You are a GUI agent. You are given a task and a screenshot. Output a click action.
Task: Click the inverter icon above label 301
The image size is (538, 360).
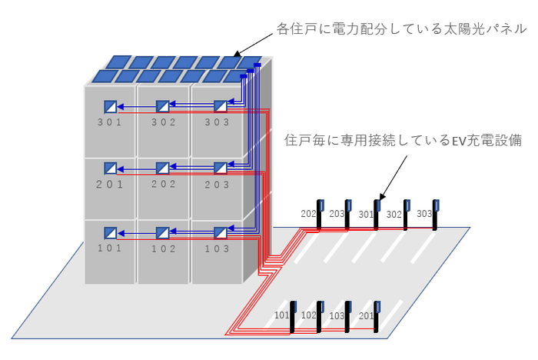pos(111,106)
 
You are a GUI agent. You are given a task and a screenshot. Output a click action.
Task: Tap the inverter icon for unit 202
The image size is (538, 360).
pos(162,168)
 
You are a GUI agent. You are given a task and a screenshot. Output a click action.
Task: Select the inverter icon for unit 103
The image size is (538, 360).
pos(220,232)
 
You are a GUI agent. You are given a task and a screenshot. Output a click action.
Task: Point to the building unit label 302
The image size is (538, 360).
pos(162,122)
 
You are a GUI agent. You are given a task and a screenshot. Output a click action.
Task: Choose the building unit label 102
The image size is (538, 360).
pos(162,248)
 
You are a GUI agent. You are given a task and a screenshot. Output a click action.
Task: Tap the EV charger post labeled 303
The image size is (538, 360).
pos(437,215)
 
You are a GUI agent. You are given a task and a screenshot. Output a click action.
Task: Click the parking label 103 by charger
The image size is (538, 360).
pos(337,315)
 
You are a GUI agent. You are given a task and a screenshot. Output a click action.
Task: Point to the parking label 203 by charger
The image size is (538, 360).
pos(337,214)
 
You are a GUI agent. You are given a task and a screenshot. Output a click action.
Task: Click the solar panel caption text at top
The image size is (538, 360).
pos(401,29)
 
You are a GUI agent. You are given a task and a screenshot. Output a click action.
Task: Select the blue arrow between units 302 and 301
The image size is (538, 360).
pos(136,106)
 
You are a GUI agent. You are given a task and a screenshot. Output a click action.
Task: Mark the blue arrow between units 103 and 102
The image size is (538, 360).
pos(191,232)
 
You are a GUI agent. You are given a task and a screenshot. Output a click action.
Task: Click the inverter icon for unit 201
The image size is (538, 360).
pos(111,168)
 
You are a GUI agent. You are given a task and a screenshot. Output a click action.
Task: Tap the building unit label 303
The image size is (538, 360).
pos(218,122)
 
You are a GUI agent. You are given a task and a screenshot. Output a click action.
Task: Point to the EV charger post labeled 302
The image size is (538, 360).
pos(407,215)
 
